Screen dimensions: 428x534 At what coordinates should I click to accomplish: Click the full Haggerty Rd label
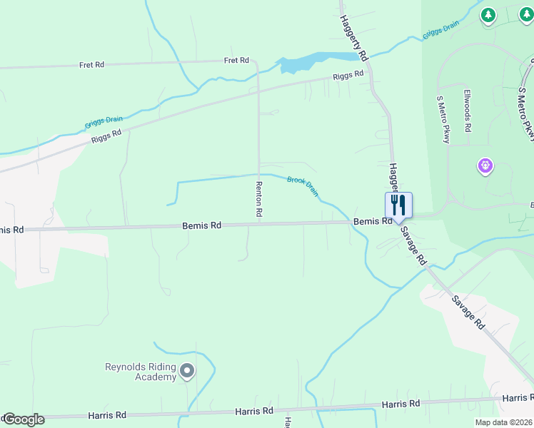click(353, 37)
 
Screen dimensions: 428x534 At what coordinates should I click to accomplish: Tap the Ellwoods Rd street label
click(468, 111)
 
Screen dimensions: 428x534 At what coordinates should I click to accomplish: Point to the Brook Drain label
click(303, 185)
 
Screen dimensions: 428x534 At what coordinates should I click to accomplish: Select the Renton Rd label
click(259, 198)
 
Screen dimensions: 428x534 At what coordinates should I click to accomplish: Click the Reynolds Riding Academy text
click(141, 372)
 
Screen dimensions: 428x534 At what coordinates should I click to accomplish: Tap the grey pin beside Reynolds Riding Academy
click(187, 371)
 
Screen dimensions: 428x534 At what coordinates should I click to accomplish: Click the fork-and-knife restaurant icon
click(398, 205)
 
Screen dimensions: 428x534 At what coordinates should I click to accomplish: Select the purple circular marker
click(485, 166)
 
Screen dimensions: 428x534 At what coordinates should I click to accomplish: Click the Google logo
click(24, 419)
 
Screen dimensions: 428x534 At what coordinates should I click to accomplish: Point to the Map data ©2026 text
click(503, 422)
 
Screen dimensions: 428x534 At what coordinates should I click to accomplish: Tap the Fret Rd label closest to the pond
click(236, 61)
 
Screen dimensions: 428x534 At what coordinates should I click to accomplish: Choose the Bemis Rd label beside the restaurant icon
click(372, 222)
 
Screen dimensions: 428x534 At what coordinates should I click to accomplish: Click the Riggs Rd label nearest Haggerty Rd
click(348, 75)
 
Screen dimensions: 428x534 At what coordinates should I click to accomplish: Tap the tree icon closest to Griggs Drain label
click(488, 15)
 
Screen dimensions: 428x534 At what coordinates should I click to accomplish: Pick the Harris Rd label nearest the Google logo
click(107, 414)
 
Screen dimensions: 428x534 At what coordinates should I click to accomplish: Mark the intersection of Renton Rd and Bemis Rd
click(259, 224)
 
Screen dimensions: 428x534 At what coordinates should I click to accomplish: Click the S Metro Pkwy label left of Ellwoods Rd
click(443, 120)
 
